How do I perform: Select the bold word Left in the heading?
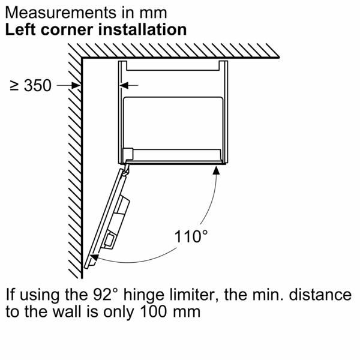click(22, 29)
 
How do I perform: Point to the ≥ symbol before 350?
click(15, 86)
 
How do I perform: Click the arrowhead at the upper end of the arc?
click(216, 172)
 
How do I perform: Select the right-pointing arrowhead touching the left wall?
click(76, 86)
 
